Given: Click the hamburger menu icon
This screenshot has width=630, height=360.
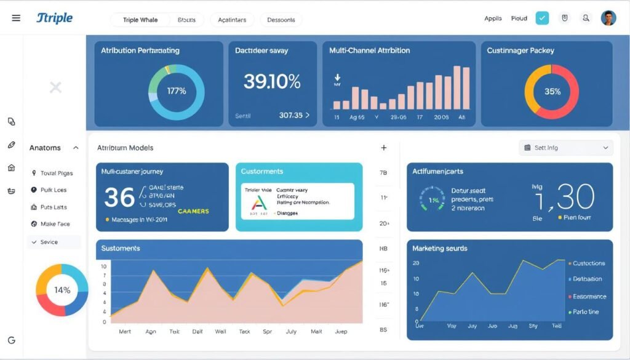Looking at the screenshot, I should [x=16, y=18].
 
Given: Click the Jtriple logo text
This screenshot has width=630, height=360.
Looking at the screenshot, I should [x=54, y=18].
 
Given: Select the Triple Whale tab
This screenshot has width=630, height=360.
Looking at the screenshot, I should [x=140, y=20].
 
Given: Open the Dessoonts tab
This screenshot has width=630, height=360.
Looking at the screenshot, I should [x=281, y=20].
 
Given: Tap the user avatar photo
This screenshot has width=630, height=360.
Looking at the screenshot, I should [x=608, y=18].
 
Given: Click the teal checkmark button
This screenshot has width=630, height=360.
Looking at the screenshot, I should [x=542, y=18].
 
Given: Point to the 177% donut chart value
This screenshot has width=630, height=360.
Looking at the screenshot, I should [x=177, y=91].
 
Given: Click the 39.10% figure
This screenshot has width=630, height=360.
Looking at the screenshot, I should [x=272, y=81].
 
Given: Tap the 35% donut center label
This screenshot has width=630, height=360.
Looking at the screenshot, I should [x=552, y=92].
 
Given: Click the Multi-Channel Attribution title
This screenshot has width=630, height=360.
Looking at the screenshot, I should [x=369, y=50].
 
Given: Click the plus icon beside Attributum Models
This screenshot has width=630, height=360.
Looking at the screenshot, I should [x=384, y=148].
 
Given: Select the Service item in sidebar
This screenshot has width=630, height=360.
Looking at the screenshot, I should [x=49, y=242].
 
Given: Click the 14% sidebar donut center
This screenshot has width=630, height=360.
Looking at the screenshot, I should [x=62, y=290].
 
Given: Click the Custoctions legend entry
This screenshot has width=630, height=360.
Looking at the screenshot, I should [x=588, y=263].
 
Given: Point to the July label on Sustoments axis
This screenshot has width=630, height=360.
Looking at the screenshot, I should [x=291, y=331].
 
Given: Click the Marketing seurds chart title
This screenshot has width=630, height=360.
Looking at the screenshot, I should [x=439, y=249].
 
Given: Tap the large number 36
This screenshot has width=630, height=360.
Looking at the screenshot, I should [x=119, y=198].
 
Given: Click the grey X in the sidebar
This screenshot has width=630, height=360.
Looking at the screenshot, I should [x=55, y=87].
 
